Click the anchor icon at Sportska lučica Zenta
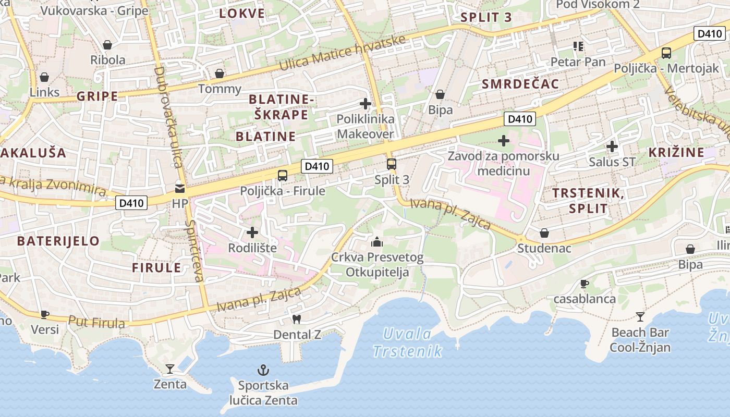[263, 371]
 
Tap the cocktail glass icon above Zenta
[170, 369]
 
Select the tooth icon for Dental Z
[297, 318]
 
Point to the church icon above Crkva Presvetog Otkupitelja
[376, 242]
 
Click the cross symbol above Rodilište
[252, 232]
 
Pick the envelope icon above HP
[180, 189]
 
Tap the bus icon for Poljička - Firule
[283, 176]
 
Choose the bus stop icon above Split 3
[392, 164]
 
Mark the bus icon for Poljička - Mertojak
[666, 53]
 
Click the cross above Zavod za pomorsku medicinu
[504, 141]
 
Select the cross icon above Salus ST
[612, 146]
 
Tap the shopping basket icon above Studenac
[544, 233]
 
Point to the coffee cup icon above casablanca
[585, 284]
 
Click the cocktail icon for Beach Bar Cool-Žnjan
[640, 317]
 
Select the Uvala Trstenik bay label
[408, 342]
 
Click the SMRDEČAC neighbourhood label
[520, 84]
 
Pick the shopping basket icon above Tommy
[220, 73]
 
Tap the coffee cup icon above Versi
[45, 314]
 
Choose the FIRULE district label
[156, 268]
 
